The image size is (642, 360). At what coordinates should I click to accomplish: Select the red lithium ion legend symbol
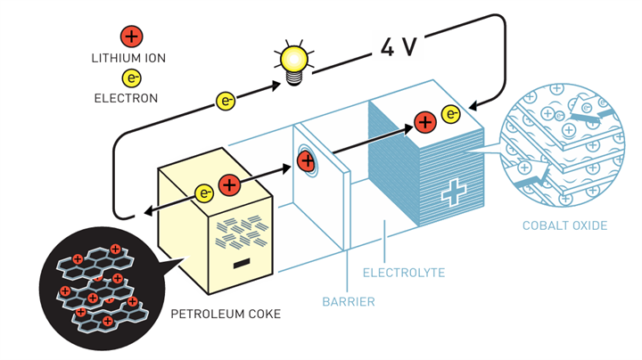130,37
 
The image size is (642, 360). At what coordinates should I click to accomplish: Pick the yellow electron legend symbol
130,78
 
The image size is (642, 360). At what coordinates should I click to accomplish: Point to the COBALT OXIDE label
565,225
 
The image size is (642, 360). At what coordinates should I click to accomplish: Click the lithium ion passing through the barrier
306,161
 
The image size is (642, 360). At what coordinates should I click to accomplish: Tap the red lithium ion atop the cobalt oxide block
425,119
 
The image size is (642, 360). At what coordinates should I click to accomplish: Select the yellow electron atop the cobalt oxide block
450,115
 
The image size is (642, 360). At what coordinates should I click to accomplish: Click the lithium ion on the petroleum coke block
229,185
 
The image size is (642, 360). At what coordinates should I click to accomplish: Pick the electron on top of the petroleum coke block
205,192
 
